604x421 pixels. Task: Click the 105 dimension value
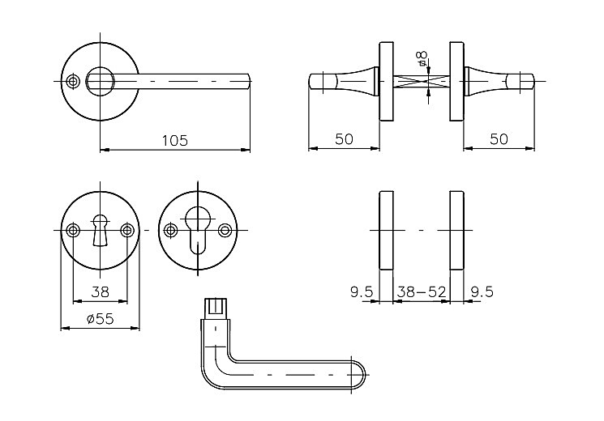[x=174, y=140]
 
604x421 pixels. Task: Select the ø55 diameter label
[x=101, y=319]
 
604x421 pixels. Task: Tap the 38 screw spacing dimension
[x=101, y=292]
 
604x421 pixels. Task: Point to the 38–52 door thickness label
[x=422, y=292]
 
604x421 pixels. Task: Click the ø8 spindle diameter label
[x=422, y=58]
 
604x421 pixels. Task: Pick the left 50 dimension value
[x=344, y=139]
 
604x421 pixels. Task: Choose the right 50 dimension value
[x=499, y=139]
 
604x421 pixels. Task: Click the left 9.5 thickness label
[x=362, y=292]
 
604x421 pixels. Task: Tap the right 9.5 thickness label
[x=482, y=292]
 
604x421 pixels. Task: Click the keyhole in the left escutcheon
[x=100, y=230]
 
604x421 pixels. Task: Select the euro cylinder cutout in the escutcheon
[x=198, y=230]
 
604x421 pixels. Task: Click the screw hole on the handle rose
[x=72, y=82]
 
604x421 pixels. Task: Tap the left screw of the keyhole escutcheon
[x=72, y=231]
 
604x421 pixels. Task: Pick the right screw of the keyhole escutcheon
[x=127, y=231]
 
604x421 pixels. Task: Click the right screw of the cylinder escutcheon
[x=225, y=231]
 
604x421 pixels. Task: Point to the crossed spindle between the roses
[x=422, y=82]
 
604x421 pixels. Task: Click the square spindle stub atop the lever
[x=215, y=308]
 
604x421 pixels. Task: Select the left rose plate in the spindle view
[x=387, y=82]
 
